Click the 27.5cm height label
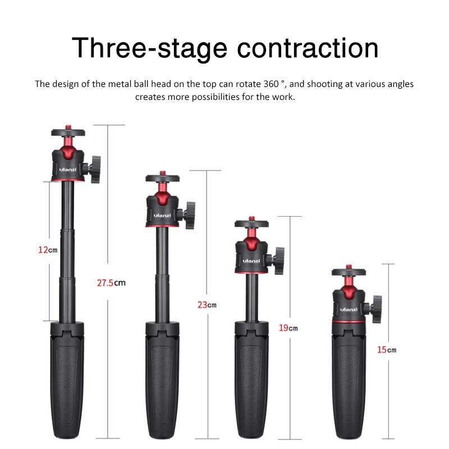(x=111, y=283)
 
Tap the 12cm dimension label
(x=48, y=250)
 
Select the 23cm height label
(x=207, y=305)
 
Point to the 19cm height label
(x=288, y=328)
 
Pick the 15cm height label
(x=386, y=350)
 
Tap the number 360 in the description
(x=274, y=84)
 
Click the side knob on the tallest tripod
(x=94, y=167)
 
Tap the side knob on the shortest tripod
(x=375, y=309)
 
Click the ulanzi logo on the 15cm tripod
(x=348, y=310)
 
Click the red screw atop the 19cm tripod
(x=251, y=217)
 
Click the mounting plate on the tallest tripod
(x=68, y=133)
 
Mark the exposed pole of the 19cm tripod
(x=251, y=295)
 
